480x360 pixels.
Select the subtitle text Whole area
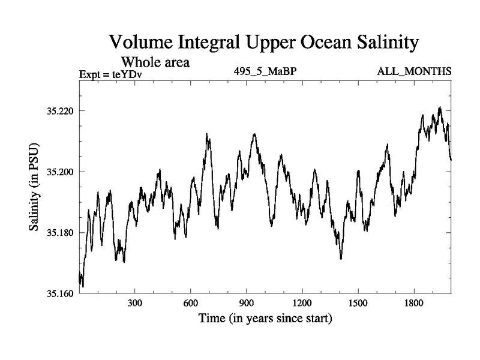click(x=157, y=61)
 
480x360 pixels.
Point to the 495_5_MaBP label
click(x=266, y=72)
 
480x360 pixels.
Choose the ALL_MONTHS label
click(x=414, y=72)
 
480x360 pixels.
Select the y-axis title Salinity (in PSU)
click(x=34, y=189)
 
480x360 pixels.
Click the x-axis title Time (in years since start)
click(x=265, y=318)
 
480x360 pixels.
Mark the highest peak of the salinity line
click(x=440, y=107)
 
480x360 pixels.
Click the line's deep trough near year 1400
click(x=341, y=259)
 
